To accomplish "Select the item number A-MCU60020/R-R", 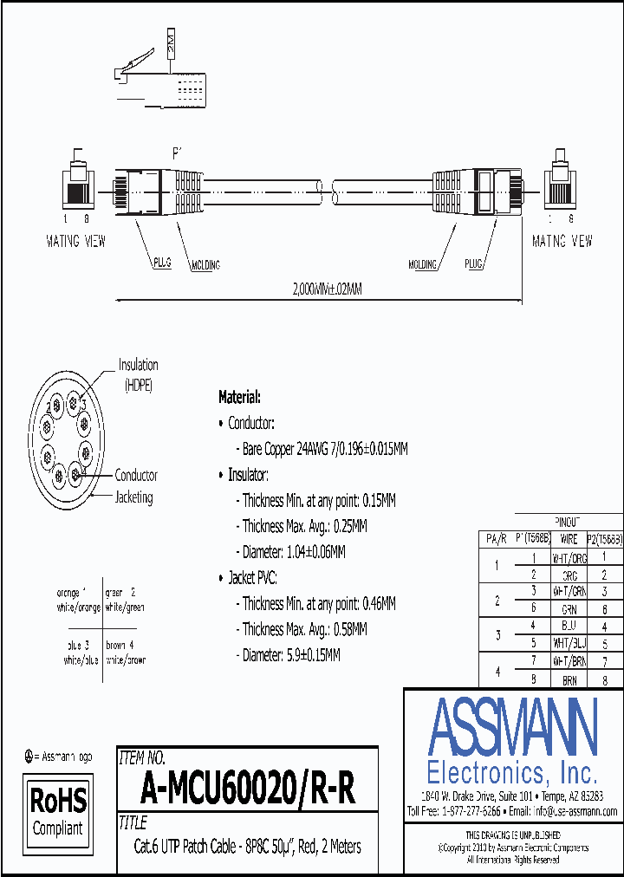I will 247,789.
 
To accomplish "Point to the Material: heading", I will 239,397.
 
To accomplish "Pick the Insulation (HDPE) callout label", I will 138,374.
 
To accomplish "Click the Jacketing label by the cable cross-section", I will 134,497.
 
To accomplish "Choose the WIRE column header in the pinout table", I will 569,539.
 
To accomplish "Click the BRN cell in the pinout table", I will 569,682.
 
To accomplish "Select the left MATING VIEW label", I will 75,241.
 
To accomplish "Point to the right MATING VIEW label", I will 562,241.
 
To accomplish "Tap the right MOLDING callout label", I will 422,264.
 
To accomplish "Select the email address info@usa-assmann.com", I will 575,811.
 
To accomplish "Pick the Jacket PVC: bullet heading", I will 252,577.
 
